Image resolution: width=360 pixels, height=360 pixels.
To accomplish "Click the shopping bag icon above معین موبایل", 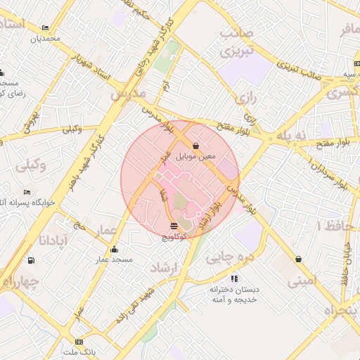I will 195,146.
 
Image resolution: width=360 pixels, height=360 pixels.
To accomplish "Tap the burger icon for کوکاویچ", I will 174,226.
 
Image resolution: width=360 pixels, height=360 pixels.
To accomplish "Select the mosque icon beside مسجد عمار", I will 115,249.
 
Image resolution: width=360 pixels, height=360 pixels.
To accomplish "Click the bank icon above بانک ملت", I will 79,342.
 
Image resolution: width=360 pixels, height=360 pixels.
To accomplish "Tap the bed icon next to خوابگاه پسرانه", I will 27,193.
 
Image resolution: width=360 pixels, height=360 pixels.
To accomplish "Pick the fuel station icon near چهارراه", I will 30,260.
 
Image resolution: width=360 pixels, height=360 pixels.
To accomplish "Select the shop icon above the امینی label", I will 300,259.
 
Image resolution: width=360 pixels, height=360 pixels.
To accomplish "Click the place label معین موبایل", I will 195,156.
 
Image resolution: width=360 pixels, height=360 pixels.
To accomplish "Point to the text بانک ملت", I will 79,351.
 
